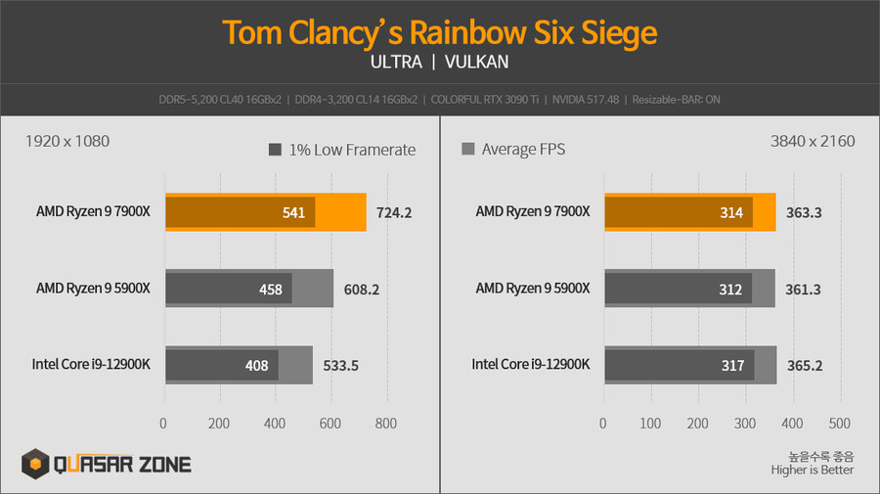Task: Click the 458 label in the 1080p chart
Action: pyautogui.click(x=270, y=289)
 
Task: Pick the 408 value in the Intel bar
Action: pyautogui.click(x=257, y=366)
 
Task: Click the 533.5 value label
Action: pyautogui.click(x=340, y=366)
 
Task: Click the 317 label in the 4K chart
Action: pyautogui.click(x=732, y=366)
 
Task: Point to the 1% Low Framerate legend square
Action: pyautogui.click(x=275, y=150)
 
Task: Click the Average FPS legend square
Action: pyautogui.click(x=467, y=150)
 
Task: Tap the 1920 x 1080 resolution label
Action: pyautogui.click(x=66, y=141)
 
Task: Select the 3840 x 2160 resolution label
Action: pyautogui.click(x=813, y=141)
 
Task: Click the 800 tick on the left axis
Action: pyautogui.click(x=386, y=424)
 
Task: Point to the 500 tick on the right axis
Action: pyautogui.click(x=838, y=424)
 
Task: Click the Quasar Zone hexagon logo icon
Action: pyautogui.click(x=37, y=465)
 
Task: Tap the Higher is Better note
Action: pyautogui.click(x=813, y=470)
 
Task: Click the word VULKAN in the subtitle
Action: pyautogui.click(x=476, y=62)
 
